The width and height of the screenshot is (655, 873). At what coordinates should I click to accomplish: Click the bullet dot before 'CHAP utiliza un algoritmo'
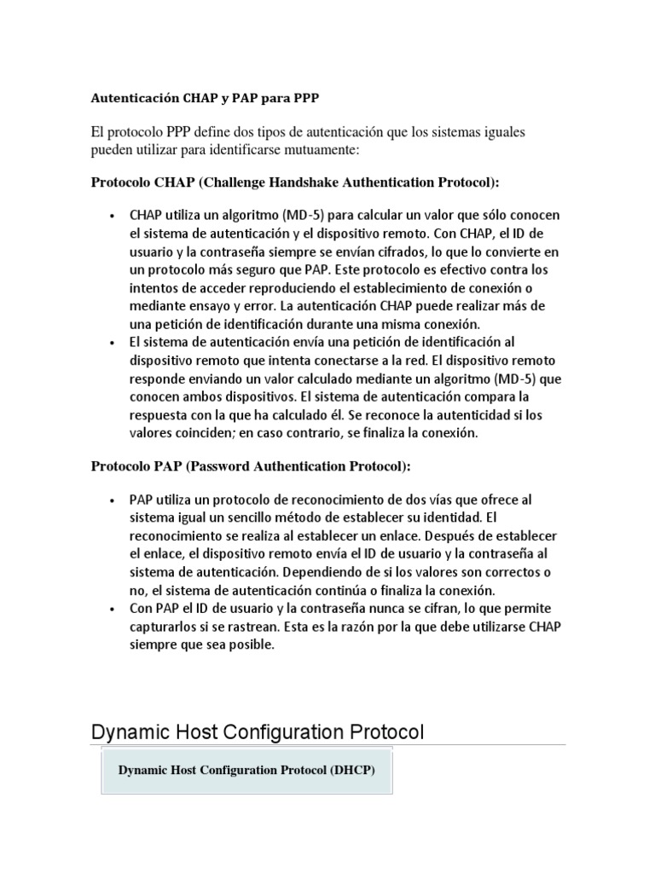[x=113, y=217]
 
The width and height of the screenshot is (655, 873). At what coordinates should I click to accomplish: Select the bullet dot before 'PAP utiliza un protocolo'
[x=113, y=500]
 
